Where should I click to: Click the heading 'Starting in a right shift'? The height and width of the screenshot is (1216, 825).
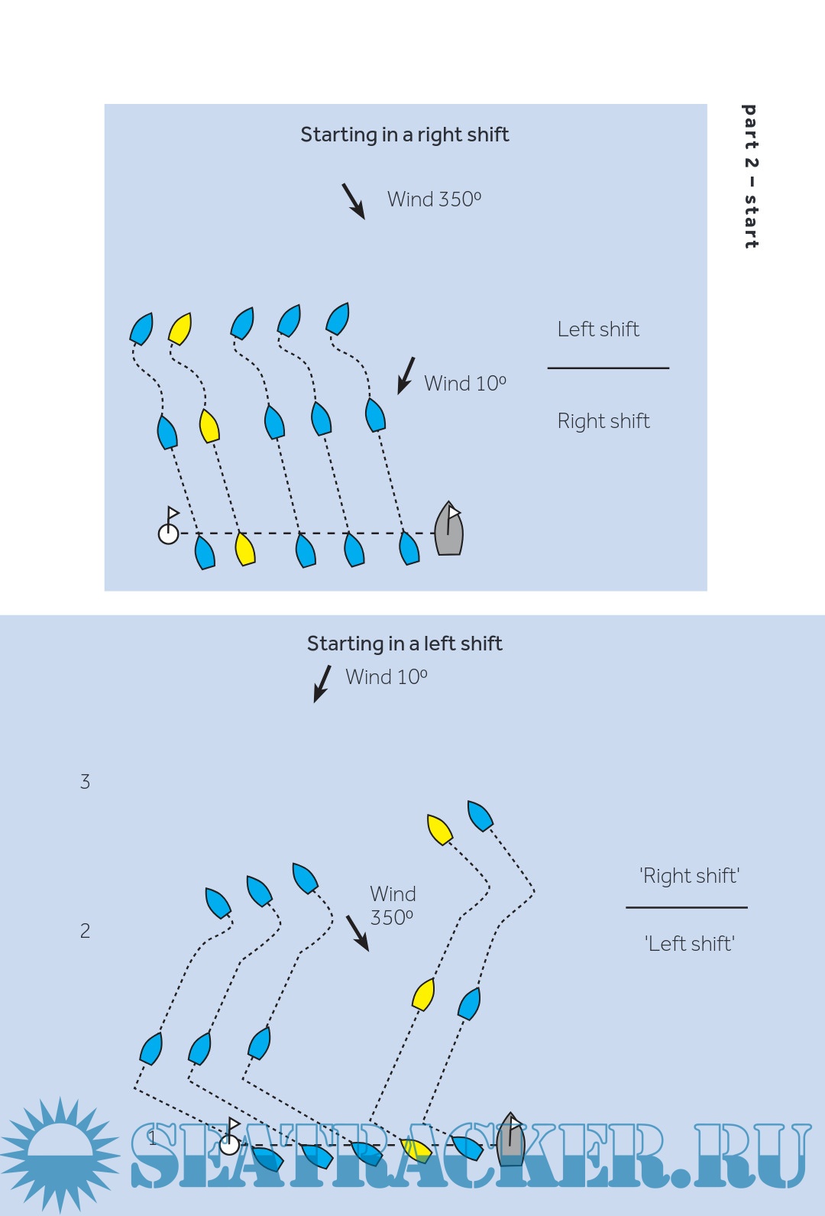[x=404, y=135]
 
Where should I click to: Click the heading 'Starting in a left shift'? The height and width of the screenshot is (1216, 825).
[x=404, y=644]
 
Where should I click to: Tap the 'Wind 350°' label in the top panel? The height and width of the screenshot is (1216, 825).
[x=434, y=199]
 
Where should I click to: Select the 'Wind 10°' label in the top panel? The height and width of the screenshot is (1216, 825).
[x=464, y=384]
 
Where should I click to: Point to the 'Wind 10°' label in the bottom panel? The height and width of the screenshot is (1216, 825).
[x=386, y=677]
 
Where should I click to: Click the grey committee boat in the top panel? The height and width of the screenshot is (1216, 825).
[x=449, y=529]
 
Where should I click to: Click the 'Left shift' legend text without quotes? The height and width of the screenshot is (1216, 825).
[x=598, y=329]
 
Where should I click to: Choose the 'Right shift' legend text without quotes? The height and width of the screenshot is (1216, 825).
[x=603, y=421]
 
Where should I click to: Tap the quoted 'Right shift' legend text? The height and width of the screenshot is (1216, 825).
[x=689, y=876]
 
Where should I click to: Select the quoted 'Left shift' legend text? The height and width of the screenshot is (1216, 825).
[x=689, y=944]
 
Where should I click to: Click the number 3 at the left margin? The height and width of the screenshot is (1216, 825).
[x=86, y=782]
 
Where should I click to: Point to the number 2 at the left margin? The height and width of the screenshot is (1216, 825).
[x=86, y=931]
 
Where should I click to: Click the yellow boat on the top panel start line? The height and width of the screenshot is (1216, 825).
[x=244, y=549]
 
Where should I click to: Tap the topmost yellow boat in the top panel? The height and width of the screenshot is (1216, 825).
[x=180, y=329]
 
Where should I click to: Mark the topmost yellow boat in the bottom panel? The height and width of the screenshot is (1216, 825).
[x=439, y=829]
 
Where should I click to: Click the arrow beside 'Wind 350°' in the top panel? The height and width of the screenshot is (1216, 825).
[x=353, y=201]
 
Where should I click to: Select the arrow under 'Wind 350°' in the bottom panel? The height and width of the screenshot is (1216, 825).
[x=357, y=932]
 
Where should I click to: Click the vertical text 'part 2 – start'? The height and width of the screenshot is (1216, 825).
[x=751, y=177]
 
